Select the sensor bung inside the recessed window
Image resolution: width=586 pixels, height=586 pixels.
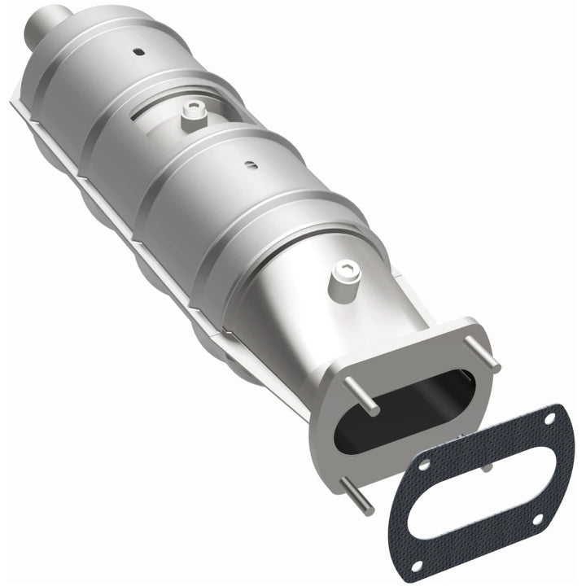click(192, 119)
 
